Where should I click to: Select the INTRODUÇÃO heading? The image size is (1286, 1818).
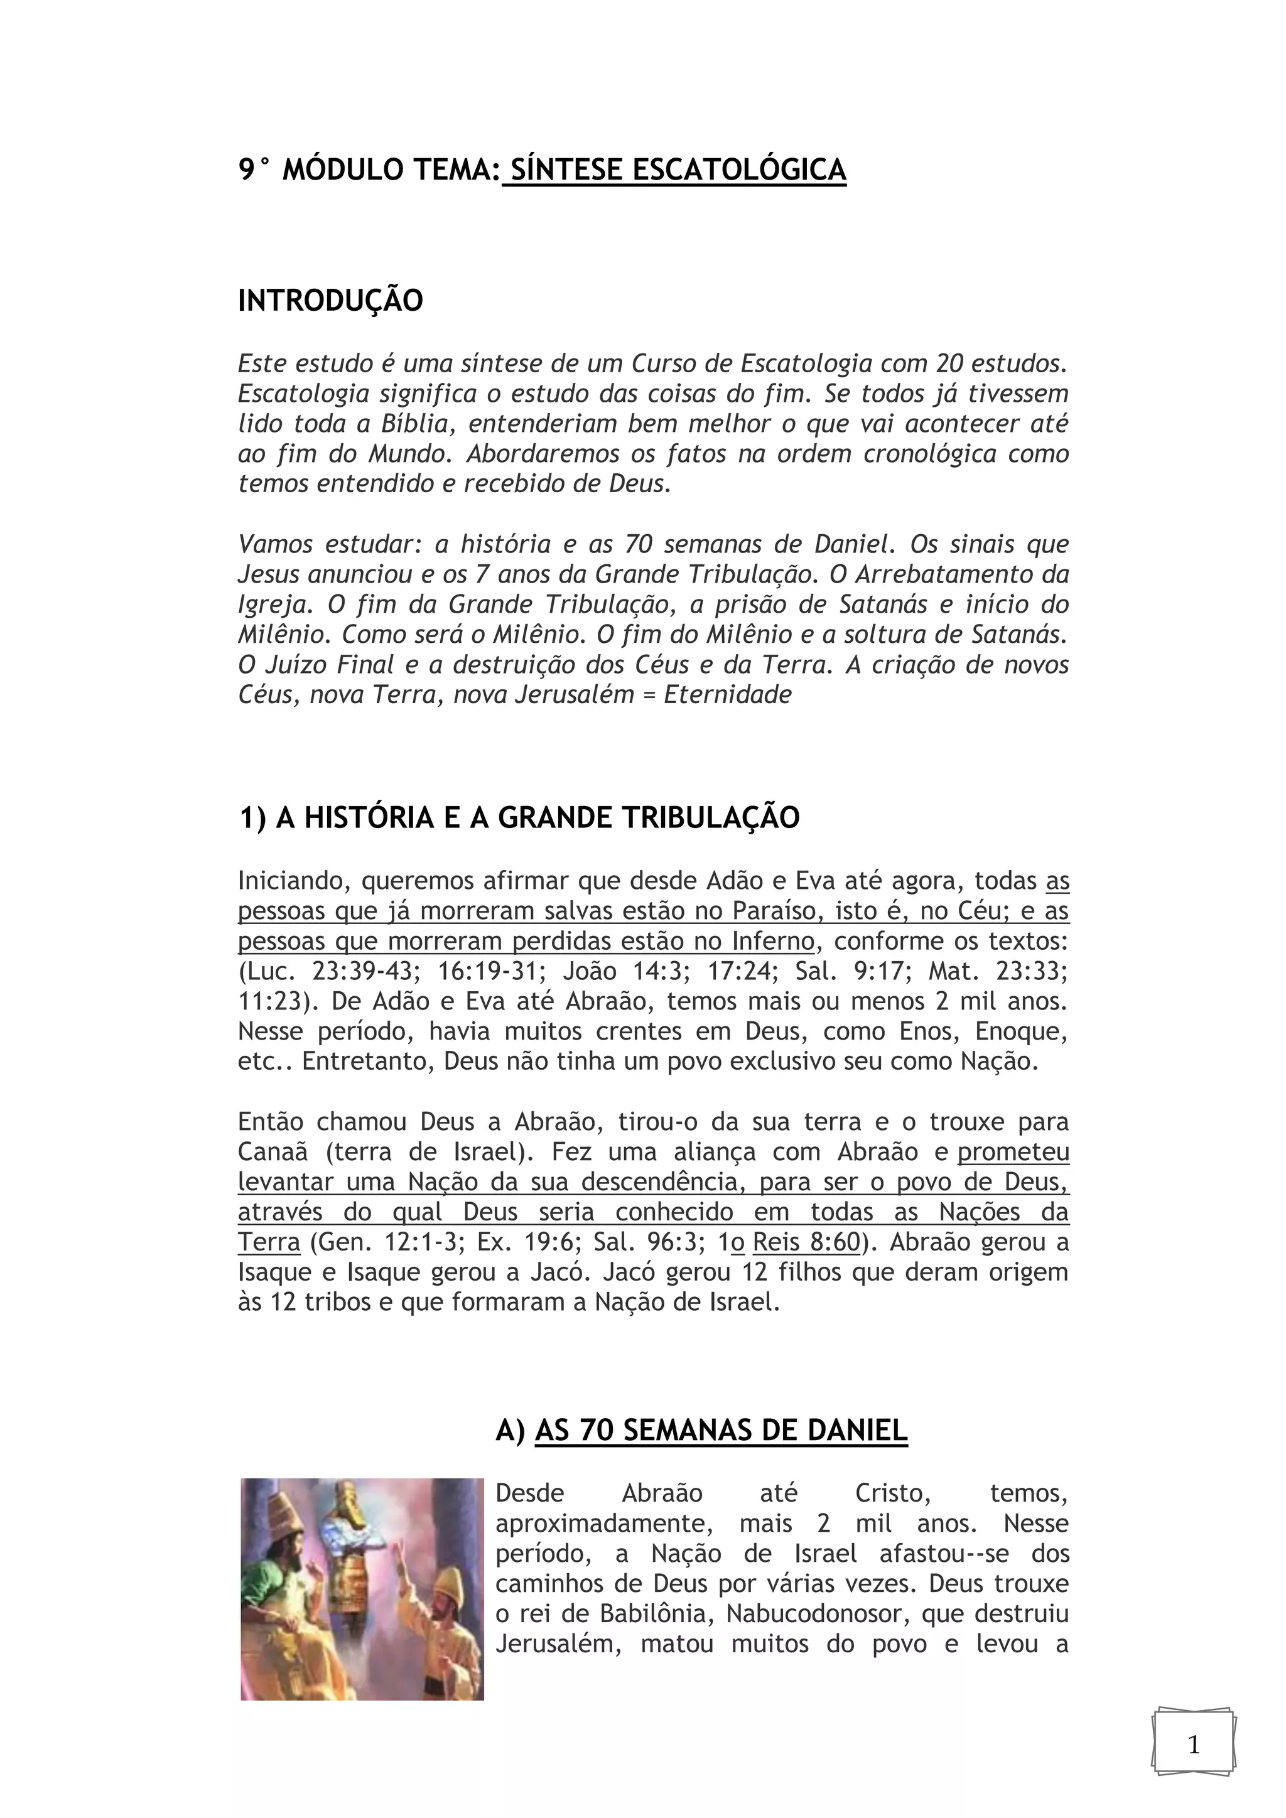coord(330,301)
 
